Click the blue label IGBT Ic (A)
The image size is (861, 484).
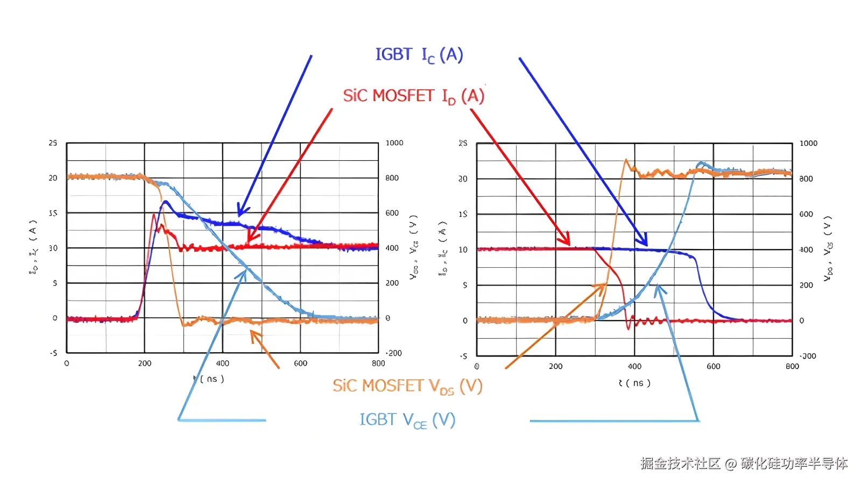419,55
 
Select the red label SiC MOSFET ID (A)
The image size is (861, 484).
413,96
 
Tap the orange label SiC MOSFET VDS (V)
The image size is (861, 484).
407,386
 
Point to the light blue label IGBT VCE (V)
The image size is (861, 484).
407,420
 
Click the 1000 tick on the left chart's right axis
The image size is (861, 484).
394,143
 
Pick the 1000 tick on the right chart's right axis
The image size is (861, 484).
808,144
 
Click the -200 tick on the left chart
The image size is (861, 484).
393,353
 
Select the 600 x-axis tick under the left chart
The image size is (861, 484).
300,364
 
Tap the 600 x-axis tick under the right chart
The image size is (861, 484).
713,367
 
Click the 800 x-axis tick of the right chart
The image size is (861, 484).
792,367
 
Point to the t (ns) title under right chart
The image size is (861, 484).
634,383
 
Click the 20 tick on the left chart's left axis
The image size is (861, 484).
53,178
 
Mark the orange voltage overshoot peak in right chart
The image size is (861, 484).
626,160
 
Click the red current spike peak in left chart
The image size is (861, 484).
154,215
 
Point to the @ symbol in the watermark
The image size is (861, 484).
730,464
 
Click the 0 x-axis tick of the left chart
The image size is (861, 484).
67,364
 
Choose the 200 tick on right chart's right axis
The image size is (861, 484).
806,286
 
